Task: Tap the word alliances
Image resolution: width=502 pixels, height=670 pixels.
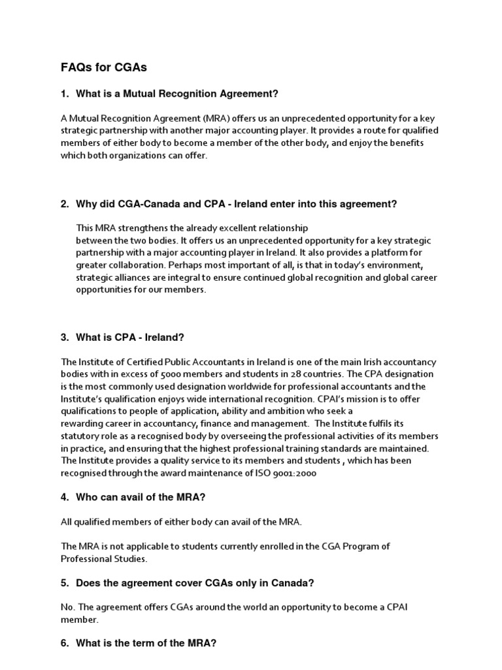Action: [133, 277]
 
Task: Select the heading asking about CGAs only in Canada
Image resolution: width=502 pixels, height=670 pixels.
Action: [190, 583]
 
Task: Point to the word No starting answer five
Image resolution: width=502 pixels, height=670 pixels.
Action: [67, 607]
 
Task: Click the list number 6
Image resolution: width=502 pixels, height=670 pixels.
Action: [65, 643]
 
